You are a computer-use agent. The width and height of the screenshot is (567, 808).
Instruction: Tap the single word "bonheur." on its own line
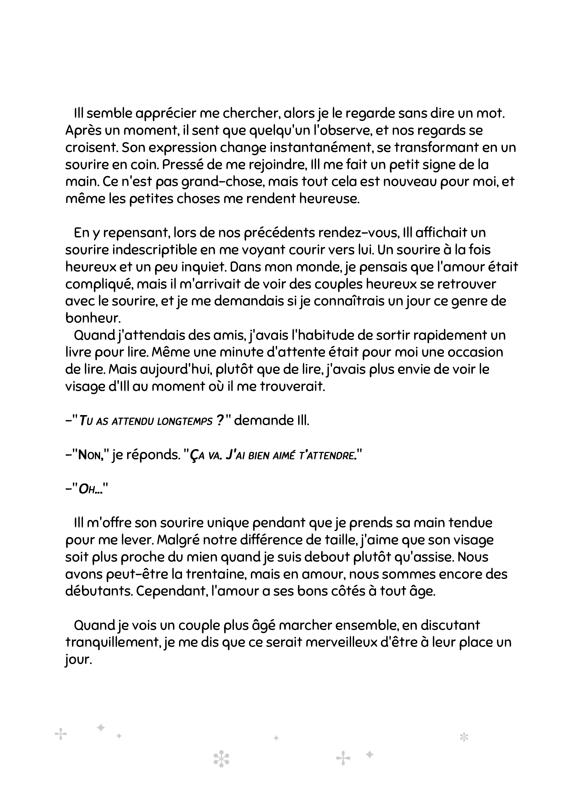pos(93,318)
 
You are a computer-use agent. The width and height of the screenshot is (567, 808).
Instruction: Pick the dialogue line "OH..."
pos(90,490)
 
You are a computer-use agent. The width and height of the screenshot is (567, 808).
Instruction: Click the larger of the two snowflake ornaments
pos(221,759)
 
